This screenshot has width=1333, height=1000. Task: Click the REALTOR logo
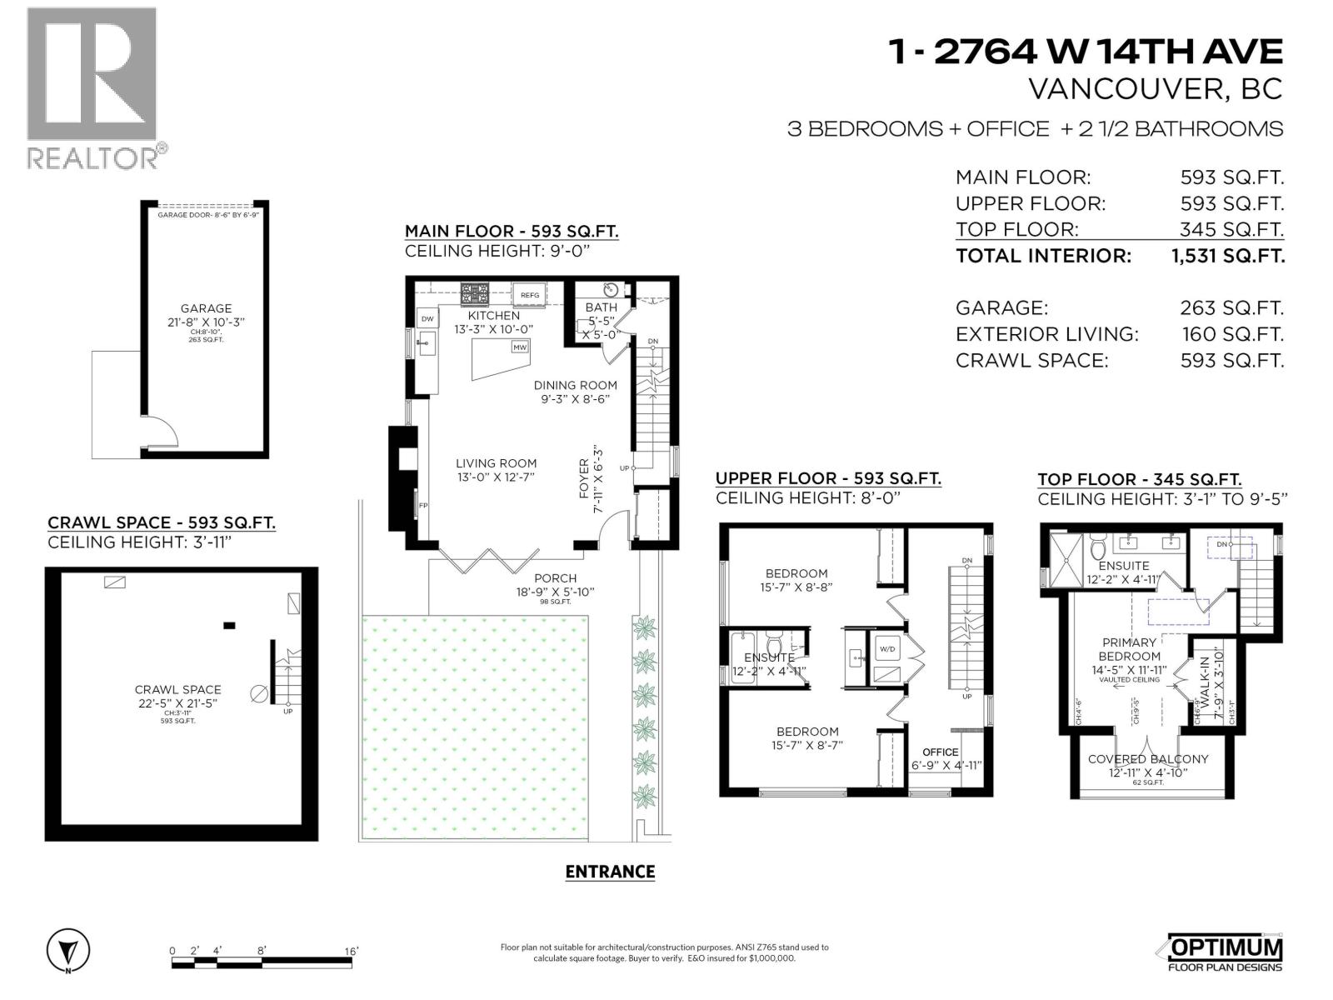click(x=92, y=87)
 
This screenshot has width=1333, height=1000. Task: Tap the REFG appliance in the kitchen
click(x=530, y=295)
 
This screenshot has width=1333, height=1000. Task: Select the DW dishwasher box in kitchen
click(x=427, y=318)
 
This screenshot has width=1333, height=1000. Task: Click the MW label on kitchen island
click(x=520, y=347)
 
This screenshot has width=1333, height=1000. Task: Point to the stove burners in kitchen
click(x=476, y=294)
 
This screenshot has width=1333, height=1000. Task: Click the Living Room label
click(x=496, y=463)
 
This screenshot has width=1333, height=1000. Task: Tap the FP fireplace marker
click(x=423, y=506)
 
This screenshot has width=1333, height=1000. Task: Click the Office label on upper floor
click(x=940, y=752)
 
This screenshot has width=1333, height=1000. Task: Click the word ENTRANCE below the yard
click(x=610, y=872)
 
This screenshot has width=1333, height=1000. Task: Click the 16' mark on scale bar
click(x=351, y=951)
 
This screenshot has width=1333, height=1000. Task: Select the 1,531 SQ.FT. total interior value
click(x=1228, y=256)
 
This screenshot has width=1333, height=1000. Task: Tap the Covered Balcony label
click(x=1147, y=759)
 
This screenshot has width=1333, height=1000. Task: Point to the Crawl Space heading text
click(x=161, y=522)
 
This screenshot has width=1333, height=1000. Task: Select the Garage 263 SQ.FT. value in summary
click(x=1231, y=307)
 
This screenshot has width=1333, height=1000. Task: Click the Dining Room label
click(x=576, y=385)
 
